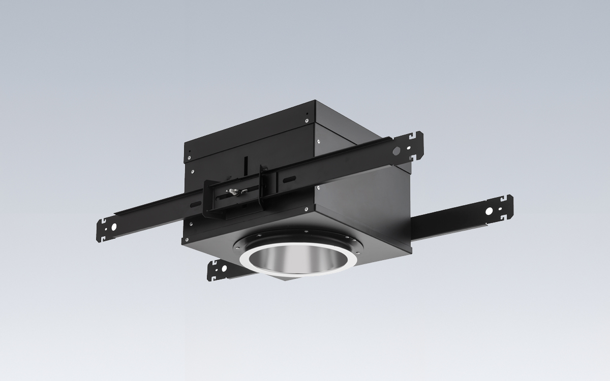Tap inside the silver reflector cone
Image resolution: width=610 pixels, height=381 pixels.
295,262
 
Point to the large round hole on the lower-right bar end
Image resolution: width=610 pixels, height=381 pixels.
489,210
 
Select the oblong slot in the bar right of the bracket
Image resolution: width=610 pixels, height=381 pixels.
288,179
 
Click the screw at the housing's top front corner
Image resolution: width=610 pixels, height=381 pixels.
308,120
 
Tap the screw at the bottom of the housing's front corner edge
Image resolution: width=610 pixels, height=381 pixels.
306,209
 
